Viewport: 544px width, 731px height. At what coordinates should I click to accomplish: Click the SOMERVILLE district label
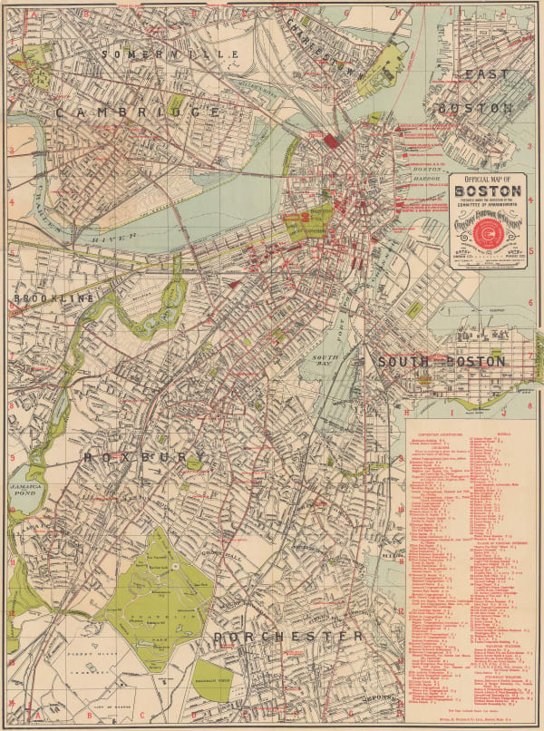coord(169,54)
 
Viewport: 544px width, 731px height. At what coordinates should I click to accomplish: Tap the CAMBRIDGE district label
coord(137,112)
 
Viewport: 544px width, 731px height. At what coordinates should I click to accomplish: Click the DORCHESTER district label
coord(287,637)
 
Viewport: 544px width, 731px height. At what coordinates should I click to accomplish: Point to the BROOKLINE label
coord(53,298)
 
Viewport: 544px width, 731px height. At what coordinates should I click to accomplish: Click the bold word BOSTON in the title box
coord(487,191)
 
